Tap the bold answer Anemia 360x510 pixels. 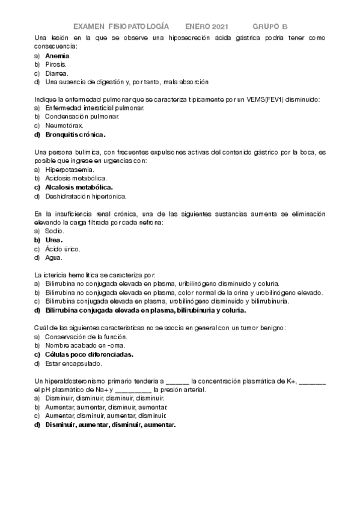coord(58,55)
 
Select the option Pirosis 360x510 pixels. coord(56,64)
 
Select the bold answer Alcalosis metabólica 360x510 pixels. coord(79,188)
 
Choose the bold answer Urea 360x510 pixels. coord(54,240)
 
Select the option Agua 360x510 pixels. coord(53,258)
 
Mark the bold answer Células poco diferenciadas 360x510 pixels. coord(89,355)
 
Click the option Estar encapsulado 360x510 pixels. coord(73,363)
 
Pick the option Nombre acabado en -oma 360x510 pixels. coord(84,346)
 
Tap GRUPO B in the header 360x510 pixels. coord(270,26)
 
